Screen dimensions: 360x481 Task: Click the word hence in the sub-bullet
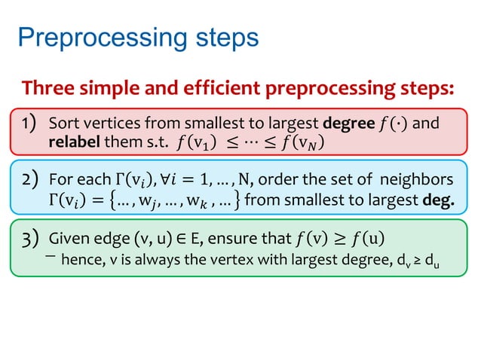[x=79, y=260]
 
